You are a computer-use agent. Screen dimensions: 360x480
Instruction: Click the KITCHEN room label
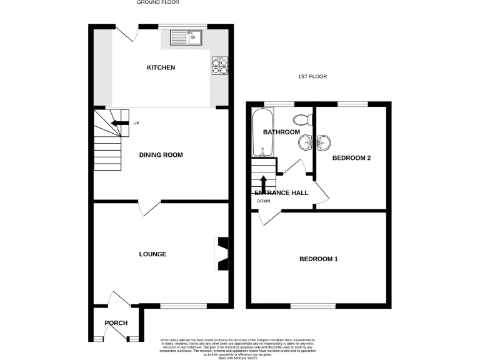(161, 67)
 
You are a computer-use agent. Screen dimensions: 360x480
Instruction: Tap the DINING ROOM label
(161, 154)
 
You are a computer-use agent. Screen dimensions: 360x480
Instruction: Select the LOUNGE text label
(152, 254)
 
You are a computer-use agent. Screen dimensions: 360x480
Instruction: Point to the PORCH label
(116, 323)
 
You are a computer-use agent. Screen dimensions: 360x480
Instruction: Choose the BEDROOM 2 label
(351, 158)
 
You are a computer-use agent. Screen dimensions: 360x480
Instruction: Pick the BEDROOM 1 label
(318, 259)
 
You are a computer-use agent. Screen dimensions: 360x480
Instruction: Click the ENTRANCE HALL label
(281, 193)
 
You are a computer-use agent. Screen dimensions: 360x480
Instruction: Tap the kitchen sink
(187, 37)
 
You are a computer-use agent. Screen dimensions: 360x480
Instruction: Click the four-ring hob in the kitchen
(220, 66)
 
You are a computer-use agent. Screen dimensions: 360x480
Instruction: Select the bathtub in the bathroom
(259, 132)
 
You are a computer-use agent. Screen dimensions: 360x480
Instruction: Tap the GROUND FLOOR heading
(158, 2)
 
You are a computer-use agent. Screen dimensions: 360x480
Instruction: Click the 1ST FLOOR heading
(312, 77)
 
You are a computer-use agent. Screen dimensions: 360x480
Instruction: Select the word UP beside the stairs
(136, 122)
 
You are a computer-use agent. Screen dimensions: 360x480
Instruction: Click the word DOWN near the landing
(263, 201)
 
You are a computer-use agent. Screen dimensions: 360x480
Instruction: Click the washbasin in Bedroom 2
(322, 143)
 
